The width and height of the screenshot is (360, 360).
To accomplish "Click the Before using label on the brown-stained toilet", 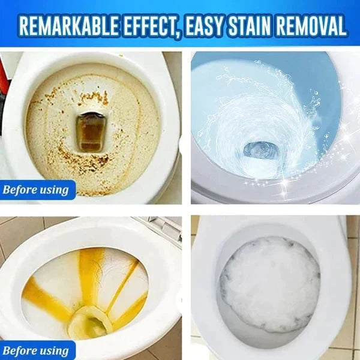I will coord(37,190).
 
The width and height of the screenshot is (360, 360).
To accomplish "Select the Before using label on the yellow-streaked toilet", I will coord(37,350).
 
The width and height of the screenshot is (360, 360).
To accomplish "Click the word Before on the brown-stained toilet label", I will coord(22,190).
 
